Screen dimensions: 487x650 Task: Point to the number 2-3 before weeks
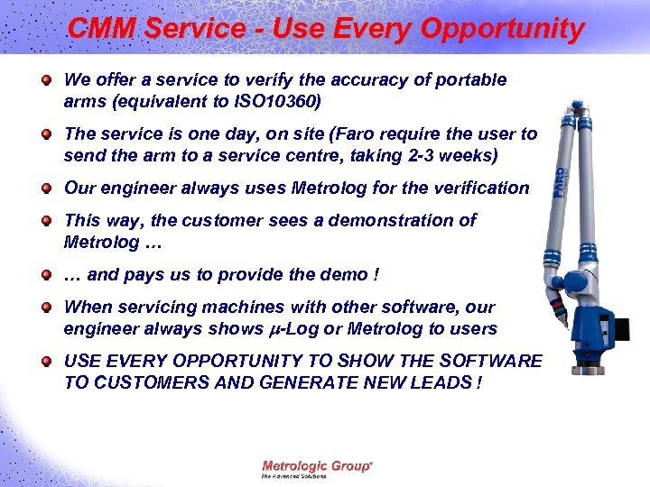coord(403,155)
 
